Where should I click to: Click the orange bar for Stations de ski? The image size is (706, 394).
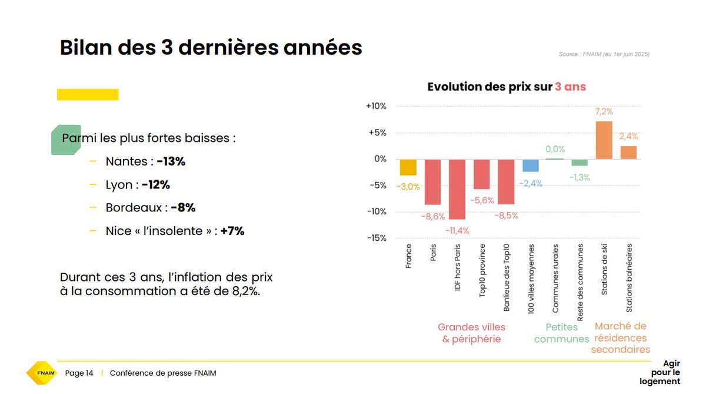point(604,140)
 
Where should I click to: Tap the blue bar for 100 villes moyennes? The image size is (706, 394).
point(531,165)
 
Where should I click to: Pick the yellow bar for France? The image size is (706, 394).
point(408,167)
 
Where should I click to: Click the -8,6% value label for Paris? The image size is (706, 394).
point(433,216)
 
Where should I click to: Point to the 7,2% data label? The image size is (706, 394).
point(604,111)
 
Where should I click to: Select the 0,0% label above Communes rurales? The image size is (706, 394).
point(555,149)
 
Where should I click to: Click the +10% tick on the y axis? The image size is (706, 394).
point(376,107)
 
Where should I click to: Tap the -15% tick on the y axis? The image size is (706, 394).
point(376,239)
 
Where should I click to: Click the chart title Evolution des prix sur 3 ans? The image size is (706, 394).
point(507,87)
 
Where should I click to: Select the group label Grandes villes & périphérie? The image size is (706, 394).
point(471,333)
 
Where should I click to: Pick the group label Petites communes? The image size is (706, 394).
point(561,333)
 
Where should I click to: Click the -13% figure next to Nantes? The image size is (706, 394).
point(171,161)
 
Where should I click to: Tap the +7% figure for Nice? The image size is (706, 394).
point(232,231)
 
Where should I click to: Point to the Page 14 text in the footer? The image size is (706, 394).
point(79,373)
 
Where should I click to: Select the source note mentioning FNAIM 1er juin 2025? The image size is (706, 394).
point(604,54)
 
